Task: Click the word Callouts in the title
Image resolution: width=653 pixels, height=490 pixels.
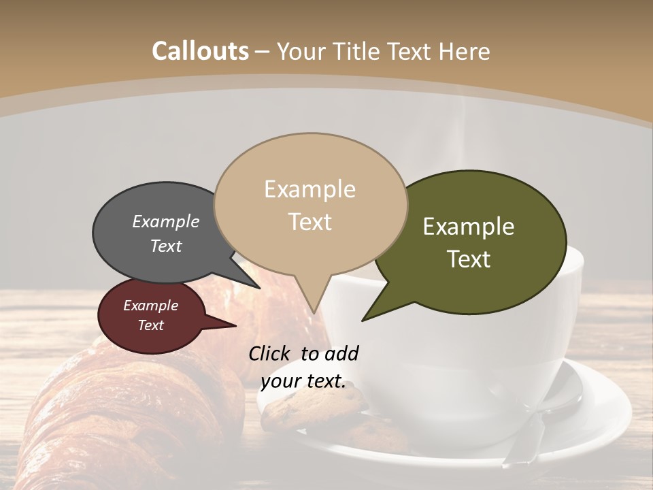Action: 200,51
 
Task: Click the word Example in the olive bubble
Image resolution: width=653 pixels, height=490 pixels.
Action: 469,227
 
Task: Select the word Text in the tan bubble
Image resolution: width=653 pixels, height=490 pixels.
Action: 310,222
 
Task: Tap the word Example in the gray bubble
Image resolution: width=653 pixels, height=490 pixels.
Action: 166,222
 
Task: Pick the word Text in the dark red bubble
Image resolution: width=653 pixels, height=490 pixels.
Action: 151,325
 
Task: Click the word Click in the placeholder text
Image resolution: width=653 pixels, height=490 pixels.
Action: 271,353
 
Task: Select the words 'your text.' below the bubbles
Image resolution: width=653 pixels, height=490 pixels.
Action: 303,381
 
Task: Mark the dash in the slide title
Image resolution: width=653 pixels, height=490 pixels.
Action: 263,52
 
